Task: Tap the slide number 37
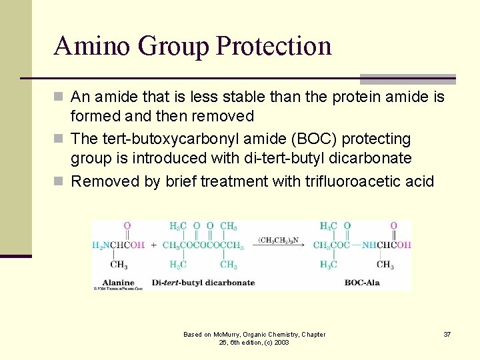click(447, 334)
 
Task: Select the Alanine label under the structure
click(118, 282)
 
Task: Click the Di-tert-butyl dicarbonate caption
click(203, 282)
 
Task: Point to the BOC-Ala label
click(362, 282)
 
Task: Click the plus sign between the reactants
click(153, 245)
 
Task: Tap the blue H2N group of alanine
click(100, 245)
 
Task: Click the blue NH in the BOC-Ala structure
click(369, 245)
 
